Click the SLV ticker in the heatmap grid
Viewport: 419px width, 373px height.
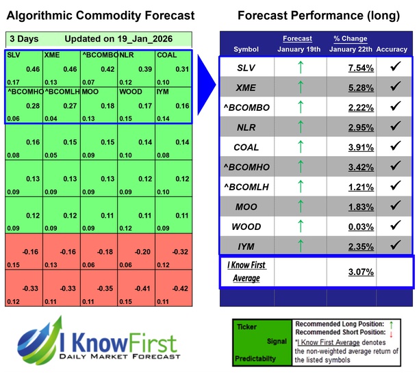coord(13,55)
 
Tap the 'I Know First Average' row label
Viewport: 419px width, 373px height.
coord(246,271)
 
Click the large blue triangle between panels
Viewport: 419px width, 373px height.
coord(207,75)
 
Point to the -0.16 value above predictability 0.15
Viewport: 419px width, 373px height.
coord(30,251)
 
